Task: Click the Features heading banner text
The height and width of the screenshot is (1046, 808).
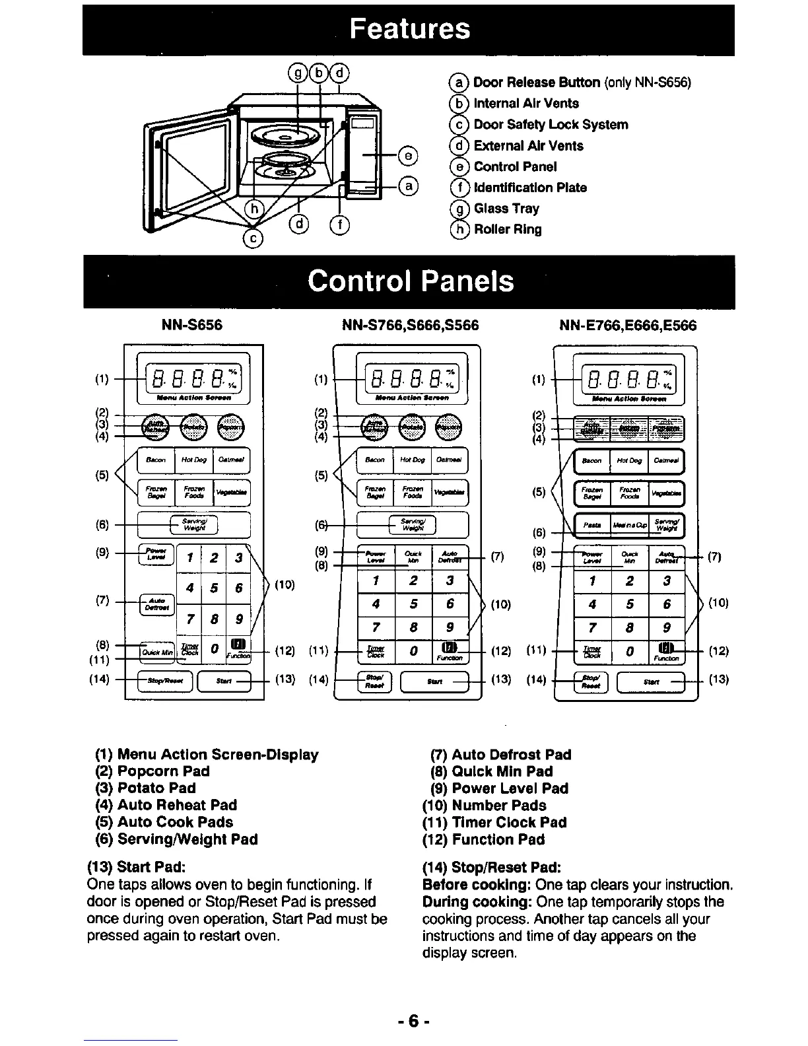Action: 410,30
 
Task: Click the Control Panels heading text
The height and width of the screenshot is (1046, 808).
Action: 410,281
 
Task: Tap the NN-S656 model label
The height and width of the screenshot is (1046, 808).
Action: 192,326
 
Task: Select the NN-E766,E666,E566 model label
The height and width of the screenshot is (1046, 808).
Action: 627,326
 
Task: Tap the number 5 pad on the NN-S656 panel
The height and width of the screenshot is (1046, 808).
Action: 213,588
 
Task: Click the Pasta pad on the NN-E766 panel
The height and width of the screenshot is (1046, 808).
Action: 593,525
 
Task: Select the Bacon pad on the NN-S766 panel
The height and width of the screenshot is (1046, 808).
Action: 374,460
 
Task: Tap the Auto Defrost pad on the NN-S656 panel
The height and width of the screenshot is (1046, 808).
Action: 156,604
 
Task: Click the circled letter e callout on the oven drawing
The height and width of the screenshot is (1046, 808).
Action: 409,156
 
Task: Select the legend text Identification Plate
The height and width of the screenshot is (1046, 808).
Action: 530,188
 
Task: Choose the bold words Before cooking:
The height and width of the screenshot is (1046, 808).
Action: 477,885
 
